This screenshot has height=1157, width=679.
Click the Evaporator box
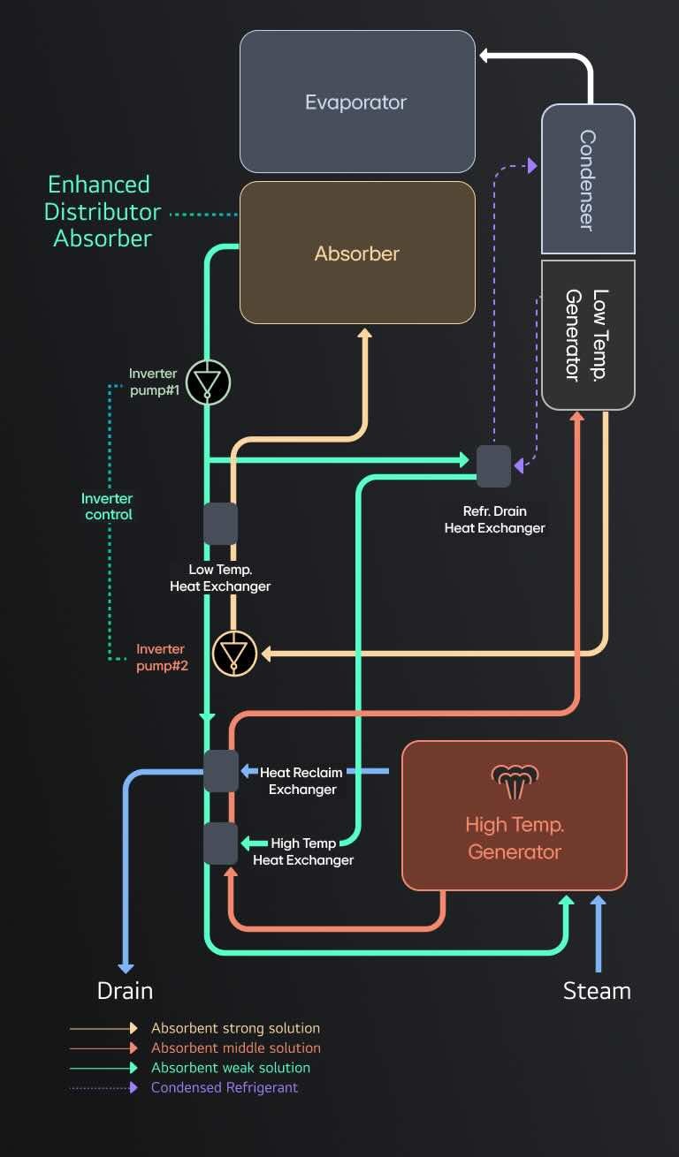point(357,102)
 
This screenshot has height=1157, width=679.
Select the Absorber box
point(357,253)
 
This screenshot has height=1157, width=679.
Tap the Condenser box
point(588,179)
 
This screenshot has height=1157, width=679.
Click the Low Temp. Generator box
point(588,335)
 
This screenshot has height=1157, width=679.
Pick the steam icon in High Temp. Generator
point(514,780)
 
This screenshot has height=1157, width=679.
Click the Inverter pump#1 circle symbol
point(208,382)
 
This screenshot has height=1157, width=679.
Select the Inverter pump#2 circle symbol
point(234,654)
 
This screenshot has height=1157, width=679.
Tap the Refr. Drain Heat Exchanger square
point(493,466)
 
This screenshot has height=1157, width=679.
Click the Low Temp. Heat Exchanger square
point(220,524)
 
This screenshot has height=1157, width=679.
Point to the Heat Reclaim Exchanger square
point(221,771)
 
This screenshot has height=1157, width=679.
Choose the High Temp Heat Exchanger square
point(221,843)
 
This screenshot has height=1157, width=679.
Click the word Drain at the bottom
point(125,991)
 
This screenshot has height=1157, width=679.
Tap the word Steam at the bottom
point(597,991)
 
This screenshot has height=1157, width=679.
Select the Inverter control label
point(108,507)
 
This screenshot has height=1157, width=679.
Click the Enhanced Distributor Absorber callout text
point(103,212)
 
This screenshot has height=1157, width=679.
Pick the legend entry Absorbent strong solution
point(235,1028)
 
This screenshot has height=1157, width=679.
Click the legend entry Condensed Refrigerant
point(225,1087)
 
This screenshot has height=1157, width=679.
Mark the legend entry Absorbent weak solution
point(231,1068)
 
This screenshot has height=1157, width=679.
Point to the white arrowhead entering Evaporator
point(485,56)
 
